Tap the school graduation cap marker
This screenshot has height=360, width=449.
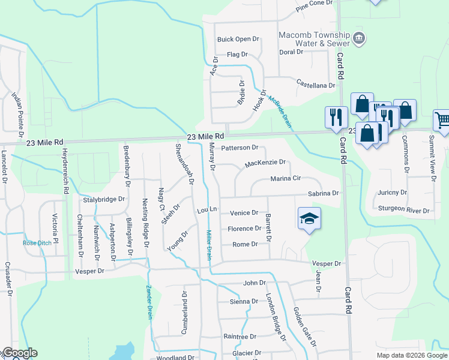pyautogui.click(x=310, y=219)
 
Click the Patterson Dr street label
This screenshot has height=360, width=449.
pyautogui.click(x=240, y=148)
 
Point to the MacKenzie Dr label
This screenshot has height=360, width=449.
pyautogui.click(x=265, y=163)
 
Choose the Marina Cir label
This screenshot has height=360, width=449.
pyautogui.click(x=285, y=179)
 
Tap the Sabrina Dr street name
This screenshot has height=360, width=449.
pyautogui.click(x=323, y=194)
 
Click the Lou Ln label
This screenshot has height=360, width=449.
pyautogui.click(x=206, y=211)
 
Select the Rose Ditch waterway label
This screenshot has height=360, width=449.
pyautogui.click(x=37, y=243)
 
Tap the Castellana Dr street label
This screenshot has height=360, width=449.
pyautogui.click(x=315, y=86)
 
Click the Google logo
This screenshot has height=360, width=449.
pyautogui.click(x=19, y=353)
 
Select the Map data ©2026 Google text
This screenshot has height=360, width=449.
pyautogui.click(x=412, y=355)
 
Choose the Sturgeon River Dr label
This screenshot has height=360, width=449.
pyautogui.click(x=404, y=211)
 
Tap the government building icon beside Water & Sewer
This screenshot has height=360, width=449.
pyautogui.click(x=358, y=38)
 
